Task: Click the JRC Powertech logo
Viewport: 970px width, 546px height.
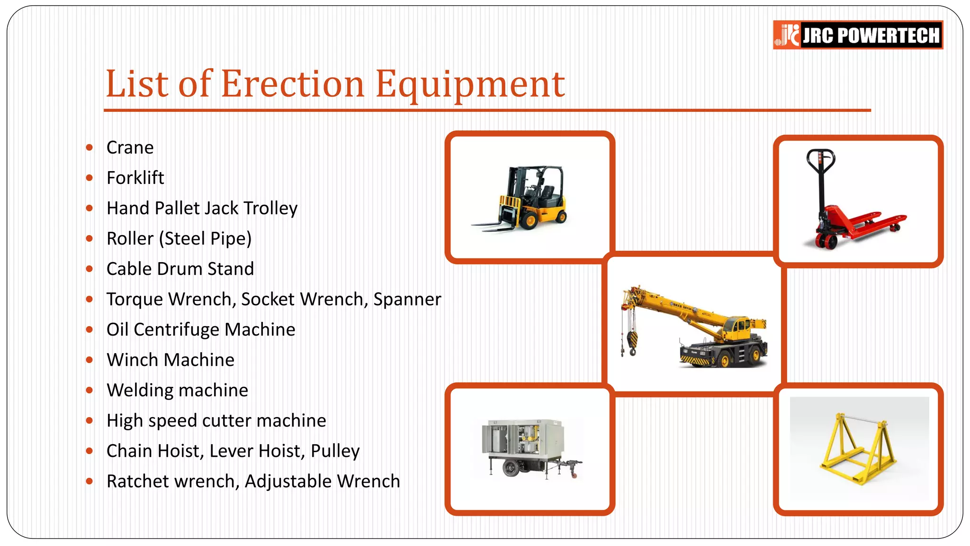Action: click(x=857, y=35)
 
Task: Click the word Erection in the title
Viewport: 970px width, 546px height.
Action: click(x=292, y=84)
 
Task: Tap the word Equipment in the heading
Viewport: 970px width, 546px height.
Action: click(x=470, y=84)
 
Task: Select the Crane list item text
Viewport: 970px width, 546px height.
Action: click(x=130, y=147)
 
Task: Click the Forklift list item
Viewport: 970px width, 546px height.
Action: click(x=135, y=178)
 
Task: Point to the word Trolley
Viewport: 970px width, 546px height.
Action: click(x=270, y=208)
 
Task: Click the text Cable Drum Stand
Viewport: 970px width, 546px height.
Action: click(x=180, y=269)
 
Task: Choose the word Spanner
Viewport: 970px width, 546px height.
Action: click(x=407, y=299)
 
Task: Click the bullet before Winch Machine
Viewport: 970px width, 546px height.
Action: click(x=90, y=360)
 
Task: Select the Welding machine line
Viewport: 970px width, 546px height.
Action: click(x=177, y=390)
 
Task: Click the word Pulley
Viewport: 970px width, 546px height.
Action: click(x=335, y=451)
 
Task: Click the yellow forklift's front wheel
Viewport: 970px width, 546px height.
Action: click(x=529, y=220)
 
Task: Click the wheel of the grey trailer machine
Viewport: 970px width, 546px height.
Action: click(x=511, y=468)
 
